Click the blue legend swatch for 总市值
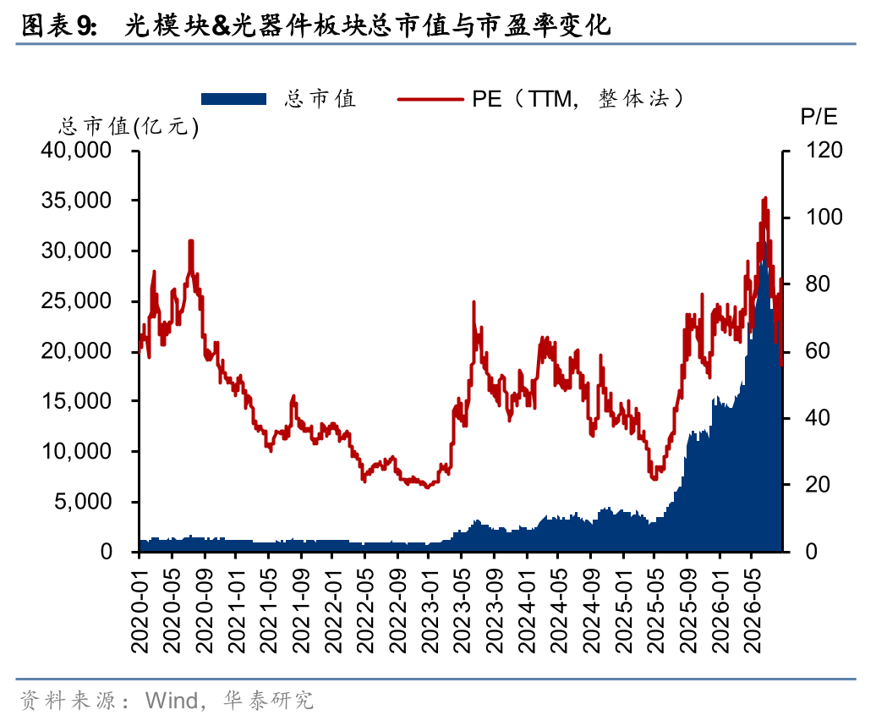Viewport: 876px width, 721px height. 233,99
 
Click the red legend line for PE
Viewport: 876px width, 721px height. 430,100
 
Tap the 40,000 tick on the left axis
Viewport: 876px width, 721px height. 77,150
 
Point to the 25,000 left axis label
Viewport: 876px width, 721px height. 77,300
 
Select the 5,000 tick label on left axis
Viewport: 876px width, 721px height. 83,501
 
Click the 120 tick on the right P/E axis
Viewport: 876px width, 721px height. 824,150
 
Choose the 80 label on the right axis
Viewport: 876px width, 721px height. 818,284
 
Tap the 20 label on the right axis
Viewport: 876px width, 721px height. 818,485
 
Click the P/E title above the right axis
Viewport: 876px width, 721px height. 819,116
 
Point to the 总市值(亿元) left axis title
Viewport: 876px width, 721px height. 129,126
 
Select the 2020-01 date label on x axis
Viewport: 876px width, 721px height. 140,612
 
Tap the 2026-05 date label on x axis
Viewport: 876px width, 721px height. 753,612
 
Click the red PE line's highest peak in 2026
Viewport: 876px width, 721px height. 765,198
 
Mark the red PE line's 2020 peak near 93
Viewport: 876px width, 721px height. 191,241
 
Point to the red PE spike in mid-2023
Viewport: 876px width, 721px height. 474,302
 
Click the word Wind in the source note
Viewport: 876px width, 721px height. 172,701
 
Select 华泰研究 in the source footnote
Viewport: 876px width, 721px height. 268,701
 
